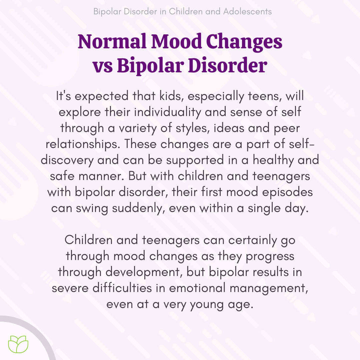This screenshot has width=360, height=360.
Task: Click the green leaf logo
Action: tap(19, 344)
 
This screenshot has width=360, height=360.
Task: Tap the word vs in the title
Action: tap(102, 66)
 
